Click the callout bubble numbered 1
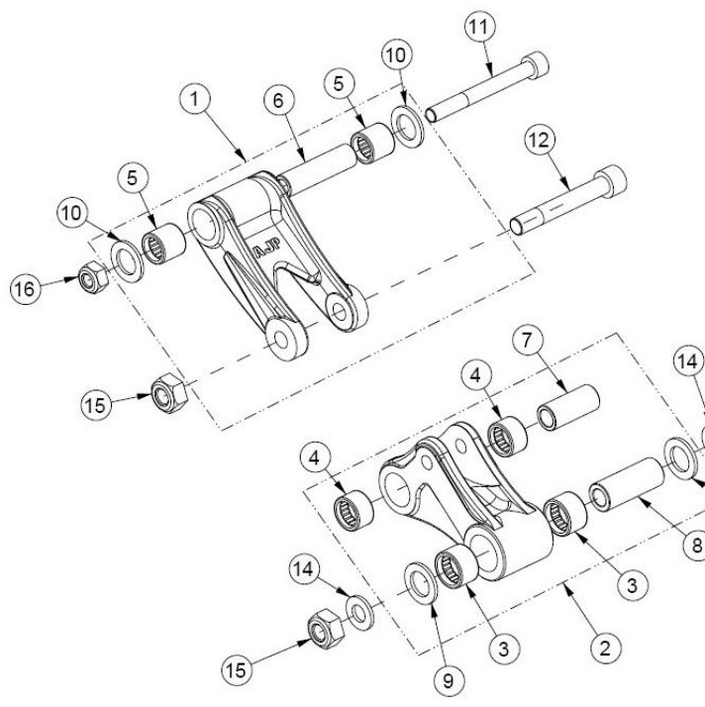(x=195, y=99)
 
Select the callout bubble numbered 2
(x=605, y=649)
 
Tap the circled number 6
(x=278, y=101)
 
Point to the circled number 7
(x=528, y=340)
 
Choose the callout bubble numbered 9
(x=449, y=681)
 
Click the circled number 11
(x=479, y=27)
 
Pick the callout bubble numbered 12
(x=540, y=141)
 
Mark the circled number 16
(x=25, y=288)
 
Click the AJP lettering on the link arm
(x=267, y=248)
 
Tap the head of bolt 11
(x=535, y=63)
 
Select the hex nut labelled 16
(x=93, y=277)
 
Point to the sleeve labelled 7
(x=568, y=407)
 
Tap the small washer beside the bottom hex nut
(x=359, y=612)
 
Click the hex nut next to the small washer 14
(x=327, y=628)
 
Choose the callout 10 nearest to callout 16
(x=72, y=213)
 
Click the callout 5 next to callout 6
(x=339, y=83)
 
